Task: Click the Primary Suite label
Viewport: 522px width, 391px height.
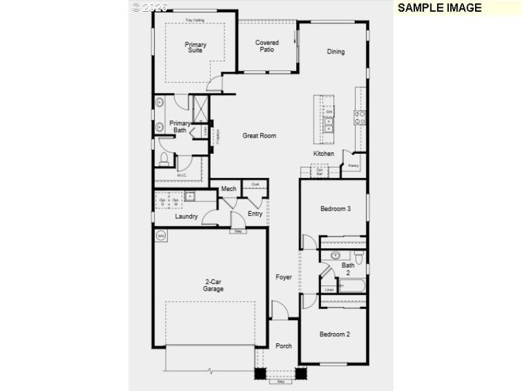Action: click(x=195, y=48)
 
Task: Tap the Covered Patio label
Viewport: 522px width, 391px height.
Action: click(x=267, y=46)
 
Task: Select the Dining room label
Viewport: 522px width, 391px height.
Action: click(x=336, y=52)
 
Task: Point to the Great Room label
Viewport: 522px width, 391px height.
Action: click(x=259, y=136)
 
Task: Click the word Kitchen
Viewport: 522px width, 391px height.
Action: click(x=324, y=154)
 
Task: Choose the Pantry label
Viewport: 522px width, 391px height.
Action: click(x=353, y=166)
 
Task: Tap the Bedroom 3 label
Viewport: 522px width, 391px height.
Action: click(x=335, y=209)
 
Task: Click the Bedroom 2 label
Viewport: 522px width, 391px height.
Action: click(x=335, y=334)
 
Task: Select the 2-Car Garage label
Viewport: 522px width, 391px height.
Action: click(x=213, y=285)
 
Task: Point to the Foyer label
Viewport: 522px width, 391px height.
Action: click(x=283, y=278)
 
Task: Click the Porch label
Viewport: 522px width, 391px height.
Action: click(x=283, y=346)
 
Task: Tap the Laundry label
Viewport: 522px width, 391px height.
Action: click(x=186, y=216)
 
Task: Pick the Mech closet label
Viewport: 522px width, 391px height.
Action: click(x=228, y=189)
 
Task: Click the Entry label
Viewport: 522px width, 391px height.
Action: click(x=255, y=214)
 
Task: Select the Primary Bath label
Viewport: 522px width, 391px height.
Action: click(x=180, y=127)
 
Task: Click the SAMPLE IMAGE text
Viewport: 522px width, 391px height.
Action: click(x=439, y=8)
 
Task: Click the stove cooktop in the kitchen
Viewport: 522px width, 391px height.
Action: click(x=360, y=117)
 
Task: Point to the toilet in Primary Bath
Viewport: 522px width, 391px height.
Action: click(x=164, y=158)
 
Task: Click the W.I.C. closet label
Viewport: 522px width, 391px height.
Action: click(x=182, y=175)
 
